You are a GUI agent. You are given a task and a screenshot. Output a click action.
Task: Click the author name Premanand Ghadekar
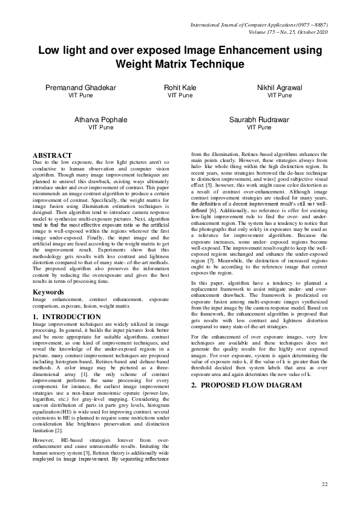click(x=80, y=88)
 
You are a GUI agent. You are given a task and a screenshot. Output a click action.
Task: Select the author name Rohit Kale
click(x=180, y=88)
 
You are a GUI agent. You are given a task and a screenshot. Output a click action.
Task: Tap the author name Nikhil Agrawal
click(x=279, y=88)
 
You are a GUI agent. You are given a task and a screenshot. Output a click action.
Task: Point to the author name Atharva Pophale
click(x=101, y=120)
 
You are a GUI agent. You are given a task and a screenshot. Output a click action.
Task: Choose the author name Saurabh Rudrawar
click(x=258, y=120)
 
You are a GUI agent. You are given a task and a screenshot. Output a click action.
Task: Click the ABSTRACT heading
click(x=52, y=155)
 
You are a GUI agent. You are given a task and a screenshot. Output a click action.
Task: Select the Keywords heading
click(x=48, y=292)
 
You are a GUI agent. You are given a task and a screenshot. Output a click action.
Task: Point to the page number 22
click(x=324, y=485)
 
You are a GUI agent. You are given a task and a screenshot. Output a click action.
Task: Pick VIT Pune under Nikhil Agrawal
click(x=279, y=96)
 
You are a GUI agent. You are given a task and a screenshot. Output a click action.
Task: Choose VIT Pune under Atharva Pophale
click(x=101, y=128)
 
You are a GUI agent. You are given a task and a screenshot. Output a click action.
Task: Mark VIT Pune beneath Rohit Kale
click(x=180, y=96)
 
